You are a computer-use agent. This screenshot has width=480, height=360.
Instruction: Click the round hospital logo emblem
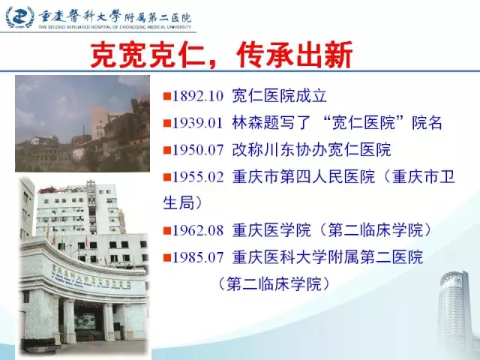(19, 17)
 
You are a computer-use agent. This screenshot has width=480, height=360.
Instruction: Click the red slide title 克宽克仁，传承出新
(221, 55)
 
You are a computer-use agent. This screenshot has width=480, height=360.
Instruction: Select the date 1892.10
(198, 96)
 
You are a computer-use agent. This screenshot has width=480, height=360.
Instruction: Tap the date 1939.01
(198, 123)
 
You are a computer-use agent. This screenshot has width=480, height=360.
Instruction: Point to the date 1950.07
(198, 150)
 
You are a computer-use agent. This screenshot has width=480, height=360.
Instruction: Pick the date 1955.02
(198, 177)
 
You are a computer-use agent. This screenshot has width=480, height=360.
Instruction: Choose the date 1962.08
(198, 230)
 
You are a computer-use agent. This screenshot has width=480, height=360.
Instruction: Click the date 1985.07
(198, 257)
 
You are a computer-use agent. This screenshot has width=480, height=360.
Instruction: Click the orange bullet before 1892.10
(167, 97)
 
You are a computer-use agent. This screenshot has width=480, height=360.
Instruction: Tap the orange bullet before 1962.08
(167, 230)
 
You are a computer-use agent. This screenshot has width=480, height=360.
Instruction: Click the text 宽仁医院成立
(280, 96)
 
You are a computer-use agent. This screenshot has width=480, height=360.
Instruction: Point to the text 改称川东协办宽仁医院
(312, 150)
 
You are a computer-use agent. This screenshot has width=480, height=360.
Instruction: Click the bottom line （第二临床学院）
(274, 283)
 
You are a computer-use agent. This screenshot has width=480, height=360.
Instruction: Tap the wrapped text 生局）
(182, 202)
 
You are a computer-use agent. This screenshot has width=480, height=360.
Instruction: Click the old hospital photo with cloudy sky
(82, 123)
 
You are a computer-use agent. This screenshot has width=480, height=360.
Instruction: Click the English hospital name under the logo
(115, 27)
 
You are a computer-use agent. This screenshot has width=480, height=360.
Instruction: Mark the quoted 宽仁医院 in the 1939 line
(363, 123)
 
